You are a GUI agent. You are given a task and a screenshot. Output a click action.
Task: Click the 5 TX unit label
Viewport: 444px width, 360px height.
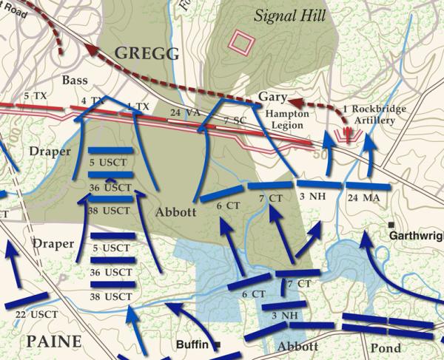pos(34,97)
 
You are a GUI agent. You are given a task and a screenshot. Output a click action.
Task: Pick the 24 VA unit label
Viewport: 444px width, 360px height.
pos(184,112)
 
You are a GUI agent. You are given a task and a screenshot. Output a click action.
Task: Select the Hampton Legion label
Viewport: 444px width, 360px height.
pos(287,120)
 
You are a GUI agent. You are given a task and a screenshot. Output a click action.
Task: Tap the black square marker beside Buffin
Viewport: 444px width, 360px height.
pos(220,344)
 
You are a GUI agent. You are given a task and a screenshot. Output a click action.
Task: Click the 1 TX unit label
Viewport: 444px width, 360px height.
pos(138,106)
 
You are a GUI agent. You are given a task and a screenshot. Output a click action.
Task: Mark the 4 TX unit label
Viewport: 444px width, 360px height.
pos(92,101)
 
